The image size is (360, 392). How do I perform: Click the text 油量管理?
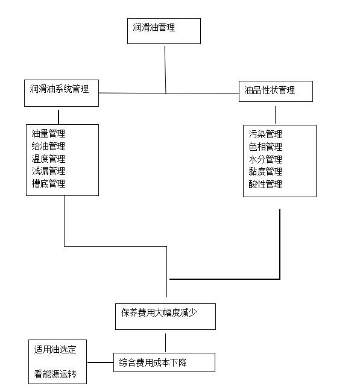pyautogui.click(x=48, y=133)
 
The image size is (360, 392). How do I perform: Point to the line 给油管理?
pyautogui.click(x=48, y=147)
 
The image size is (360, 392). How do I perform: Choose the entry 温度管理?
pyautogui.click(x=48, y=159)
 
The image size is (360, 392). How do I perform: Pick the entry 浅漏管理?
pyautogui.click(x=48, y=171)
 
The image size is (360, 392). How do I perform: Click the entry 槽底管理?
pyautogui.click(x=48, y=184)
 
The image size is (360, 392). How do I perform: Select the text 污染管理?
pyautogui.click(x=265, y=134)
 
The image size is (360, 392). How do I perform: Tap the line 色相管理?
pyautogui.click(x=265, y=147)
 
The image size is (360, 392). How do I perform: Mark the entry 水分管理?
pyautogui.click(x=265, y=159)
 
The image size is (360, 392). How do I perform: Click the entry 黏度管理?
pyautogui.click(x=265, y=172)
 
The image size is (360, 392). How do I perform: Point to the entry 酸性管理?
pyautogui.click(x=265, y=185)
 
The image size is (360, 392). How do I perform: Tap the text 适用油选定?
pyautogui.click(x=55, y=350)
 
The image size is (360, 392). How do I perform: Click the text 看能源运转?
pyautogui.click(x=55, y=375)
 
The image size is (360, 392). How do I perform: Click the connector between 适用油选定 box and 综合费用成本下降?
pyautogui.click(x=100, y=362)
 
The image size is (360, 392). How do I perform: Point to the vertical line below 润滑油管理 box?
pyautogui.click(x=165, y=70)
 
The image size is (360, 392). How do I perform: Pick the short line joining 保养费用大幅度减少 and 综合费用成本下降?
pyautogui.click(x=165, y=343)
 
